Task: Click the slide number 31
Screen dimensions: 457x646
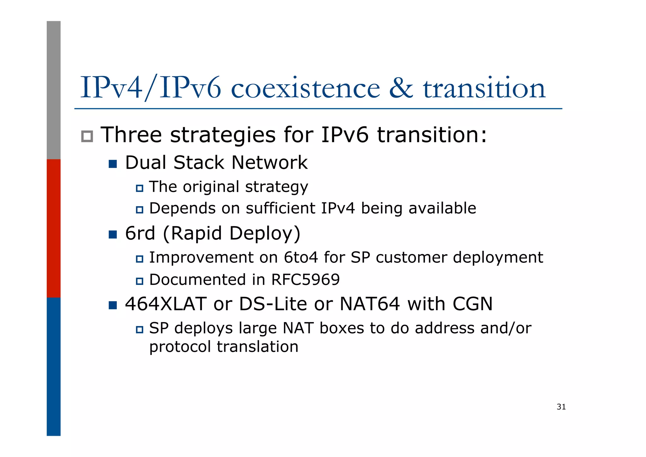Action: tap(561, 407)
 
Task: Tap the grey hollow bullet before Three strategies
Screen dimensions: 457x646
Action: tap(87, 136)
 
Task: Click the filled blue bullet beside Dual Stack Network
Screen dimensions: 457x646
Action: tap(113, 164)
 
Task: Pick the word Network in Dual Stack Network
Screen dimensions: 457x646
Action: tap(269, 163)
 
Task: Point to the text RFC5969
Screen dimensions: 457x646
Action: tap(305, 280)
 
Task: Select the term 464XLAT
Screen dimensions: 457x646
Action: tap(166, 304)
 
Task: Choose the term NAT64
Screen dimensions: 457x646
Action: tap(369, 304)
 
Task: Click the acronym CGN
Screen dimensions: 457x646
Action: tap(472, 304)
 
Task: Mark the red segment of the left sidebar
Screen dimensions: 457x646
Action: tap(54, 228)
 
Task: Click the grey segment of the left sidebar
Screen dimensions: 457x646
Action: tap(54, 90)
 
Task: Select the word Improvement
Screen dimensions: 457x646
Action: tap(201, 257)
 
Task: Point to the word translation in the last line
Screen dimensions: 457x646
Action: tap(257, 346)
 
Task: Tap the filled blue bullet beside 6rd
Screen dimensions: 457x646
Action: tap(113, 235)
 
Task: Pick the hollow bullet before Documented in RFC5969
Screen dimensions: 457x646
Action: tap(139, 281)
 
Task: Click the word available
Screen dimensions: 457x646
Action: tap(442, 208)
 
